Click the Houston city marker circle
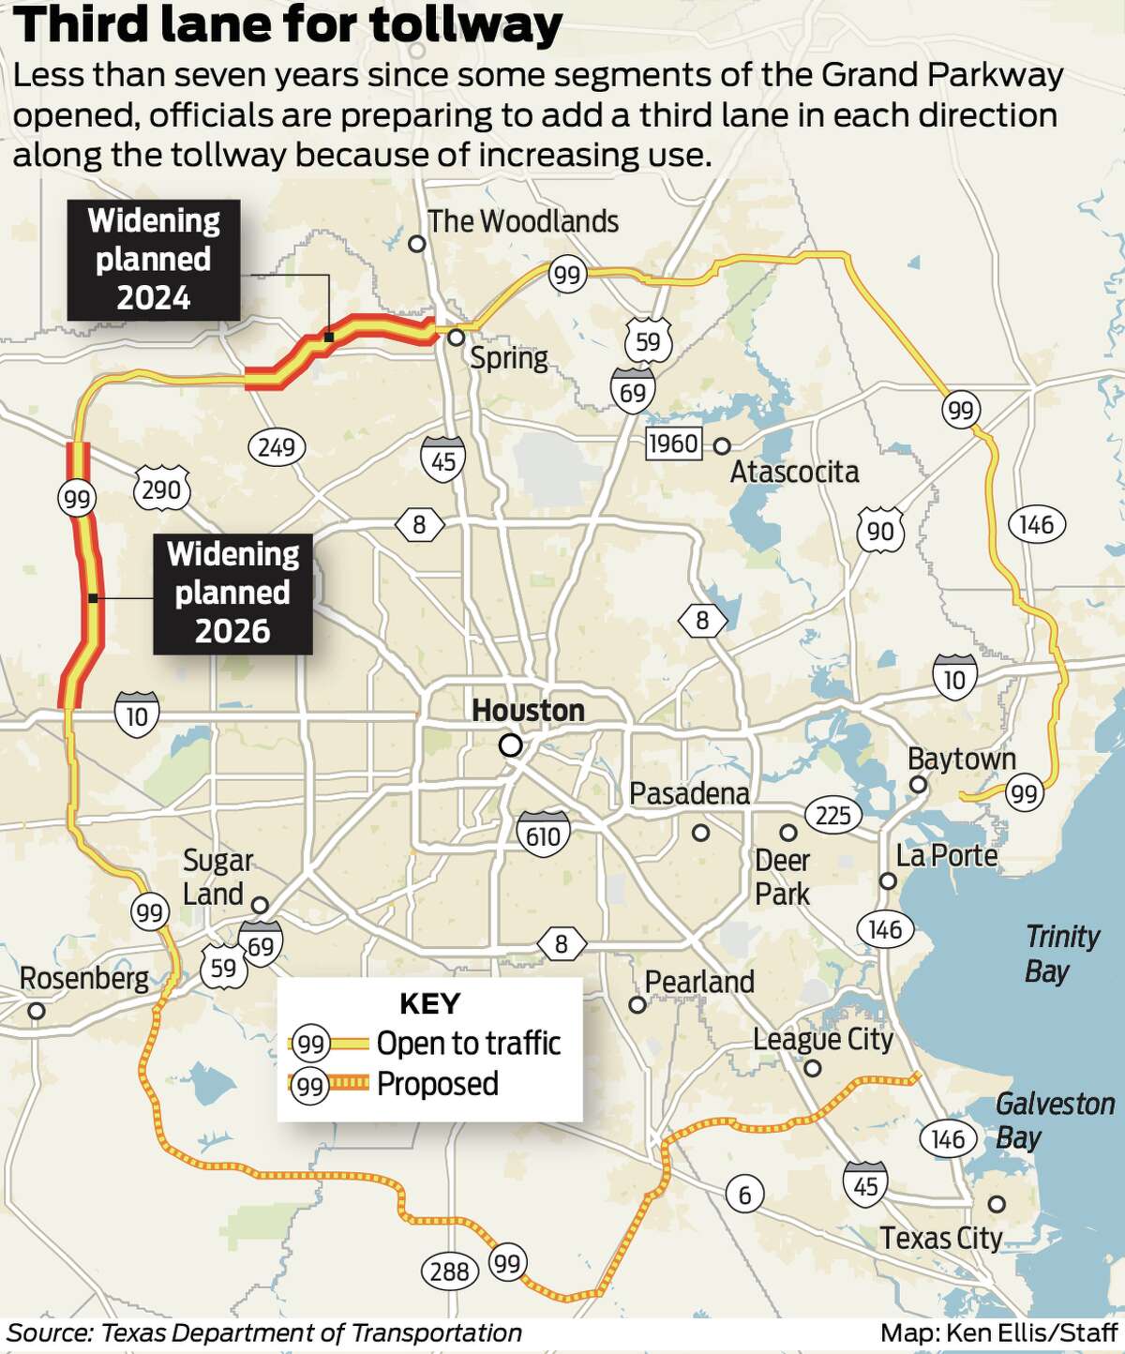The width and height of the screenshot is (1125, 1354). [x=511, y=746]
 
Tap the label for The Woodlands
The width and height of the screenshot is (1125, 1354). [x=523, y=222]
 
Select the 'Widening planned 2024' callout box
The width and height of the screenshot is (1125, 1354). [x=154, y=260]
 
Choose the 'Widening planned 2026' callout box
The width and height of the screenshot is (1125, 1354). [x=232, y=593]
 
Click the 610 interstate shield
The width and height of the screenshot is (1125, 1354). [x=543, y=834]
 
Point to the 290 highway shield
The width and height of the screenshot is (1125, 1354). [x=161, y=489]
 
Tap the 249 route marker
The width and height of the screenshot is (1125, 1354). [x=277, y=446]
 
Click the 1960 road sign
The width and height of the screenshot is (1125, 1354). [x=673, y=444]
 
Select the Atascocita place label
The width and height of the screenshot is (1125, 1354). [x=794, y=472]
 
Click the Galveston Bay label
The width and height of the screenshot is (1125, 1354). [x=1054, y=1121]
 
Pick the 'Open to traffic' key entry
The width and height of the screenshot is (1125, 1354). [x=468, y=1044]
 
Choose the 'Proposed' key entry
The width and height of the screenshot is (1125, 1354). [x=437, y=1085]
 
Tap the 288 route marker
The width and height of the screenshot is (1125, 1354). [x=449, y=1271]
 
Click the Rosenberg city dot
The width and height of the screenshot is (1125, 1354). [x=37, y=1011]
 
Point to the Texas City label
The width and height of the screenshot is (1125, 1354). [x=940, y=1239]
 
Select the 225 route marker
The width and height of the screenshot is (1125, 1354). [x=832, y=815]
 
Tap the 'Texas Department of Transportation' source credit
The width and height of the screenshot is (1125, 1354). [x=310, y=1332]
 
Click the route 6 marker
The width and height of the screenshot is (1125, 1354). [x=744, y=1195]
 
